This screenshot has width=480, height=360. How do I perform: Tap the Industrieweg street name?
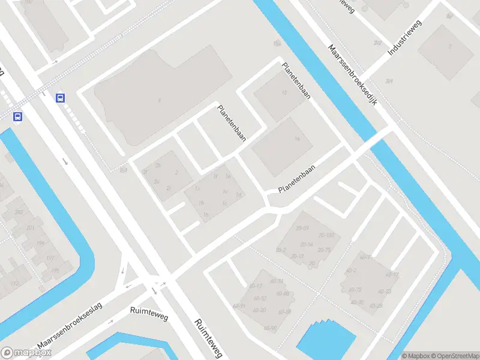406,38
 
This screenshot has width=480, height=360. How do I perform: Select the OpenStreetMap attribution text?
454,356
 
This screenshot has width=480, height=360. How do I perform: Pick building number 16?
296,139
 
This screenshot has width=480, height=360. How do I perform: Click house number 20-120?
326,236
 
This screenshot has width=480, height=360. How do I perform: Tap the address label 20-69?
302,229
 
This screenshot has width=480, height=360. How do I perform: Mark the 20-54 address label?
307,244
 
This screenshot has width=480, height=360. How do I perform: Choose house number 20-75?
325,250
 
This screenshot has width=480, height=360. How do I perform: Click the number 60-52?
259,298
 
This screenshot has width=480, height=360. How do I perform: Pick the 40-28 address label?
376,306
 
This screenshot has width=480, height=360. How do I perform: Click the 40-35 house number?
357,302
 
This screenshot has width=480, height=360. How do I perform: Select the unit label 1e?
227,177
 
